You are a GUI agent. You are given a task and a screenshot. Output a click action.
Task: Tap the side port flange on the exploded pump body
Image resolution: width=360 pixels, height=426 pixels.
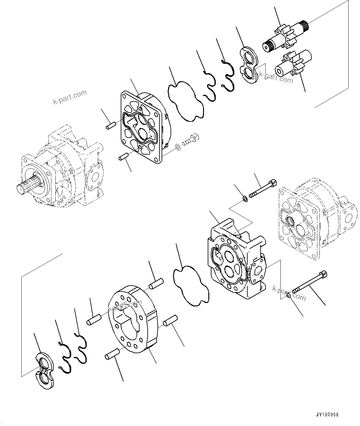point(257,271)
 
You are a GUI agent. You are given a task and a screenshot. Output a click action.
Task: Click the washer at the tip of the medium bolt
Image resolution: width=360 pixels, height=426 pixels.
point(245,198)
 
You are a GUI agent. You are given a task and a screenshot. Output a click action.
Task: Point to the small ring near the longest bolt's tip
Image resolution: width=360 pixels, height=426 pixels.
point(288,296)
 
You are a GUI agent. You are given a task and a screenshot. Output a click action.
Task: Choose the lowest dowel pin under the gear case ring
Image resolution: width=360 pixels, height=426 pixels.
point(112,354)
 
